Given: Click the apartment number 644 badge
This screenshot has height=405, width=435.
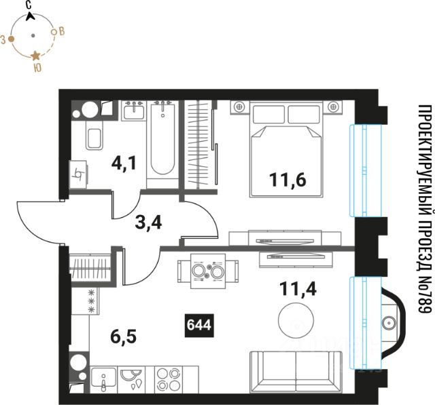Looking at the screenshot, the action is click(x=199, y=325).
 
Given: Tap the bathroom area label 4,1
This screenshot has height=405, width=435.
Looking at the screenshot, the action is click(x=124, y=163).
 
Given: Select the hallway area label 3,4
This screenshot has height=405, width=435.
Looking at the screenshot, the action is click(x=148, y=223).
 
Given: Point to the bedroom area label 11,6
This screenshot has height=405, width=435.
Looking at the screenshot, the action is click(x=288, y=180).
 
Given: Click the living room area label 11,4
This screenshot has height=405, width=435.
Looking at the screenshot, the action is click(x=298, y=289).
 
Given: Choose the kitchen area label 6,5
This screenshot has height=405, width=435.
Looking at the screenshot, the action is click(x=124, y=337).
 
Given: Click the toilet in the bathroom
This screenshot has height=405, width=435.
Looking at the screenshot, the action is click(x=94, y=136).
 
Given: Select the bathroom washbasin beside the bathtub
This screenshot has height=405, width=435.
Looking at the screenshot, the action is click(x=134, y=111).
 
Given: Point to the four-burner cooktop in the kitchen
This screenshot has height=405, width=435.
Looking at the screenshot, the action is click(x=168, y=379).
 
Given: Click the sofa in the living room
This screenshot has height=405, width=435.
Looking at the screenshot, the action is click(x=296, y=372).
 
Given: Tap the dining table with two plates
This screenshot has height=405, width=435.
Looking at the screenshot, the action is click(x=208, y=271).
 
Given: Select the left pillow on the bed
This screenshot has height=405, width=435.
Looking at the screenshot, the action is click(x=268, y=115).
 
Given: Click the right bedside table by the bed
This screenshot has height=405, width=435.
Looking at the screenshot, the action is click(x=334, y=107).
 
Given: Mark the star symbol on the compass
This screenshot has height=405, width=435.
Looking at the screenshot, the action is click(x=35, y=56).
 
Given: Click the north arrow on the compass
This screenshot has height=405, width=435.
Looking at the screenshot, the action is click(x=30, y=16).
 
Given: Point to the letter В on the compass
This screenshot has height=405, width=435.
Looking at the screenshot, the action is click(x=62, y=31).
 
